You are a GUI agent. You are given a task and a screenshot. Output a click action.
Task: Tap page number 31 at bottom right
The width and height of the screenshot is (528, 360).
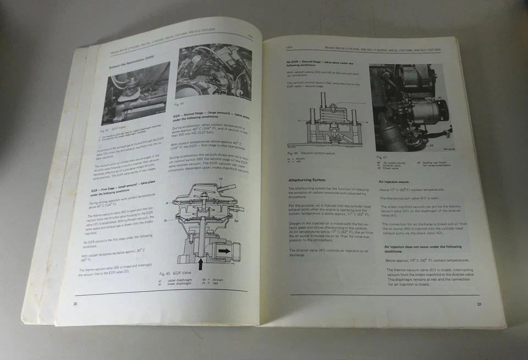[480, 304]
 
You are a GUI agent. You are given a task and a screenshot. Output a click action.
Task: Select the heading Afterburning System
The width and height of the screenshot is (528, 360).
[307, 180]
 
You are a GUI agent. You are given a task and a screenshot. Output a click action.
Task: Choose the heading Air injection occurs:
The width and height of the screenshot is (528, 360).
[394, 181]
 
